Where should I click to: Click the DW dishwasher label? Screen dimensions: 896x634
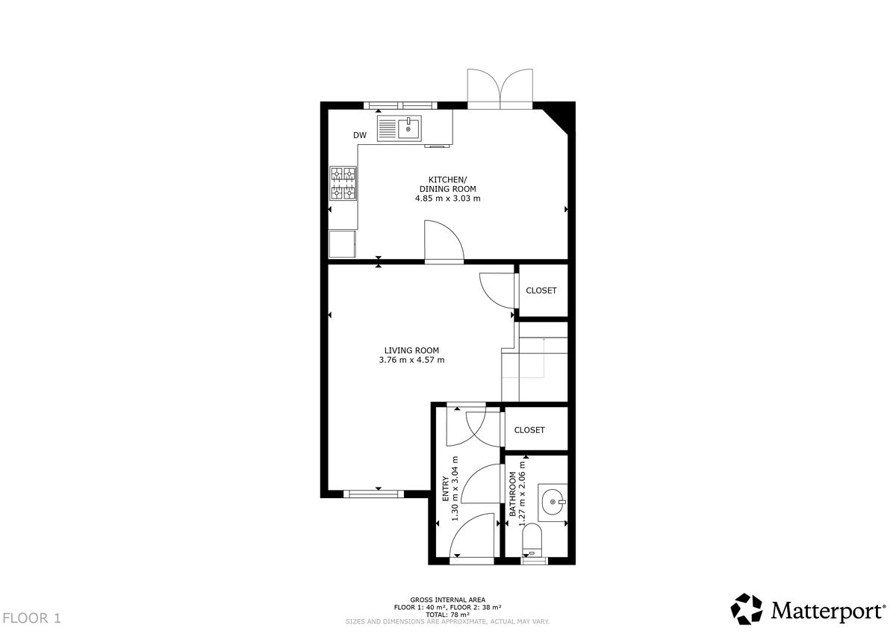point(360,135)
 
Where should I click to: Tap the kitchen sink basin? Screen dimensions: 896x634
point(409,128)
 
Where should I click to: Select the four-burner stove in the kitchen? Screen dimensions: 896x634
point(343,183)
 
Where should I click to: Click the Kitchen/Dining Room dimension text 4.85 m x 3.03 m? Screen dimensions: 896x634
point(447,199)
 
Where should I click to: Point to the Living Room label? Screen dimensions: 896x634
point(411,350)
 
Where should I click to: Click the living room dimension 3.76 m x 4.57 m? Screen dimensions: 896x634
point(411,360)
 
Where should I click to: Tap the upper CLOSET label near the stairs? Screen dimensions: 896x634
point(541,290)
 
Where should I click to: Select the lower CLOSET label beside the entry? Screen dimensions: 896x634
point(529,430)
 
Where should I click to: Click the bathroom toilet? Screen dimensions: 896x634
point(532,540)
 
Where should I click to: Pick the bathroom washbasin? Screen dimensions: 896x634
point(553,502)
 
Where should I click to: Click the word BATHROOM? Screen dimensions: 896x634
point(512,494)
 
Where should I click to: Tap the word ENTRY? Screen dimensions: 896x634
point(445,489)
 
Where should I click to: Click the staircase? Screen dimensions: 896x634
point(535,361)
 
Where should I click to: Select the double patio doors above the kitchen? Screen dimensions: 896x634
point(500,89)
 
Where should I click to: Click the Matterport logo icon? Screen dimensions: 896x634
point(747,609)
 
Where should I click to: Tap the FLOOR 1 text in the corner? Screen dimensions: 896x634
point(31,618)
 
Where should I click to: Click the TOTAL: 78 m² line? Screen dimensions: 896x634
point(447,615)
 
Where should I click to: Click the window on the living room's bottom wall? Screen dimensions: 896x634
point(373,494)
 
